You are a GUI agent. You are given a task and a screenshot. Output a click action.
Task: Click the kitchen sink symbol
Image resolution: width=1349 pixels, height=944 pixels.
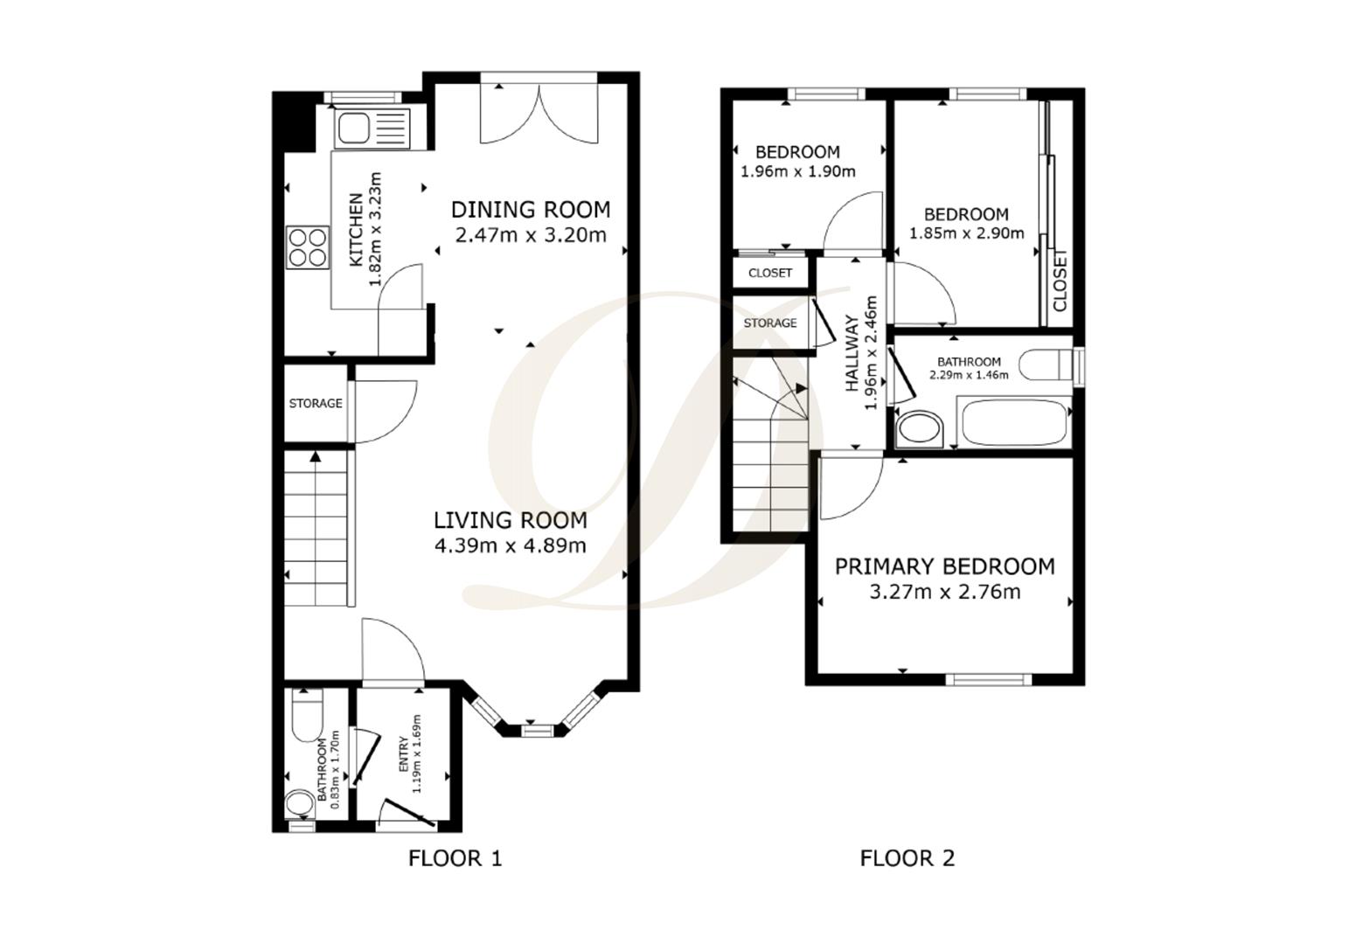pyautogui.click(x=373, y=128)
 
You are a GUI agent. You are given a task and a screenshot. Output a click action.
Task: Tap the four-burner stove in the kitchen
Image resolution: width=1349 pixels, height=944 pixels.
pyautogui.click(x=308, y=246)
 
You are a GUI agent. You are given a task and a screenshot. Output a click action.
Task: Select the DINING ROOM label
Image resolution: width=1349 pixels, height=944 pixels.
pyautogui.click(x=530, y=210)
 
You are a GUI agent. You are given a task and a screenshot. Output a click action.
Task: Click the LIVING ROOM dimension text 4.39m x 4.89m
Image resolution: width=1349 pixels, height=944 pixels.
pyautogui.click(x=510, y=545)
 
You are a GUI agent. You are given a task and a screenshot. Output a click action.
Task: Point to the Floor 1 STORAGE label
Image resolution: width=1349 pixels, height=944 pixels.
pyautogui.click(x=316, y=403)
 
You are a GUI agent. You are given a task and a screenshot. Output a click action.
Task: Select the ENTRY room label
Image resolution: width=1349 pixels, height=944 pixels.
pyautogui.click(x=404, y=755)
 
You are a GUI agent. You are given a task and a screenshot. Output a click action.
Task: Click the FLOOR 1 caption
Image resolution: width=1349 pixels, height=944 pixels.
pyautogui.click(x=455, y=858)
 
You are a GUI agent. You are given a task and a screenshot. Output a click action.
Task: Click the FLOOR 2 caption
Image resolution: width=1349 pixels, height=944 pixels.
pyautogui.click(x=907, y=858)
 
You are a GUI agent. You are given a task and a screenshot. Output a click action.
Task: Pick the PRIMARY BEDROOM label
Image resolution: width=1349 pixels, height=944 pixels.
pyautogui.click(x=944, y=566)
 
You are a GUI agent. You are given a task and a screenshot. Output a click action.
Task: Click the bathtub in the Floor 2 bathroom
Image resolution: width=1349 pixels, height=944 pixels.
pyautogui.click(x=1015, y=422)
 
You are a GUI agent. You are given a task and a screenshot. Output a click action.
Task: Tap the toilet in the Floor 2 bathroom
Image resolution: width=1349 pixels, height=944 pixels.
pyautogui.click(x=1045, y=364)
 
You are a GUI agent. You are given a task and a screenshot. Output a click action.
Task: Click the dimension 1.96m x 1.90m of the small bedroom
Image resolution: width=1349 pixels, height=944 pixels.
pyautogui.click(x=797, y=171)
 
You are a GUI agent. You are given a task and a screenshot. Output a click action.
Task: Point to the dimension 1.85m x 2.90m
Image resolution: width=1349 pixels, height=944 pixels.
pyautogui.click(x=966, y=233)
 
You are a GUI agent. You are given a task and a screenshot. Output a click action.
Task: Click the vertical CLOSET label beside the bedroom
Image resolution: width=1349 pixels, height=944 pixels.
pyautogui.click(x=1060, y=281)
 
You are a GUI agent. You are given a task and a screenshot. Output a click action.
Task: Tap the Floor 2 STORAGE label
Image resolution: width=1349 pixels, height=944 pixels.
pyautogui.click(x=770, y=323)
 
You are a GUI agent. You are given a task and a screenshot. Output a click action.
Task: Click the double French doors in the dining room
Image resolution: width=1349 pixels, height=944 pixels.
pyautogui.click(x=540, y=114)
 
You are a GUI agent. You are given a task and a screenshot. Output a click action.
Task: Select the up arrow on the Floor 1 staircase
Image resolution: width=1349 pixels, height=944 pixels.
pyautogui.click(x=315, y=455)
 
